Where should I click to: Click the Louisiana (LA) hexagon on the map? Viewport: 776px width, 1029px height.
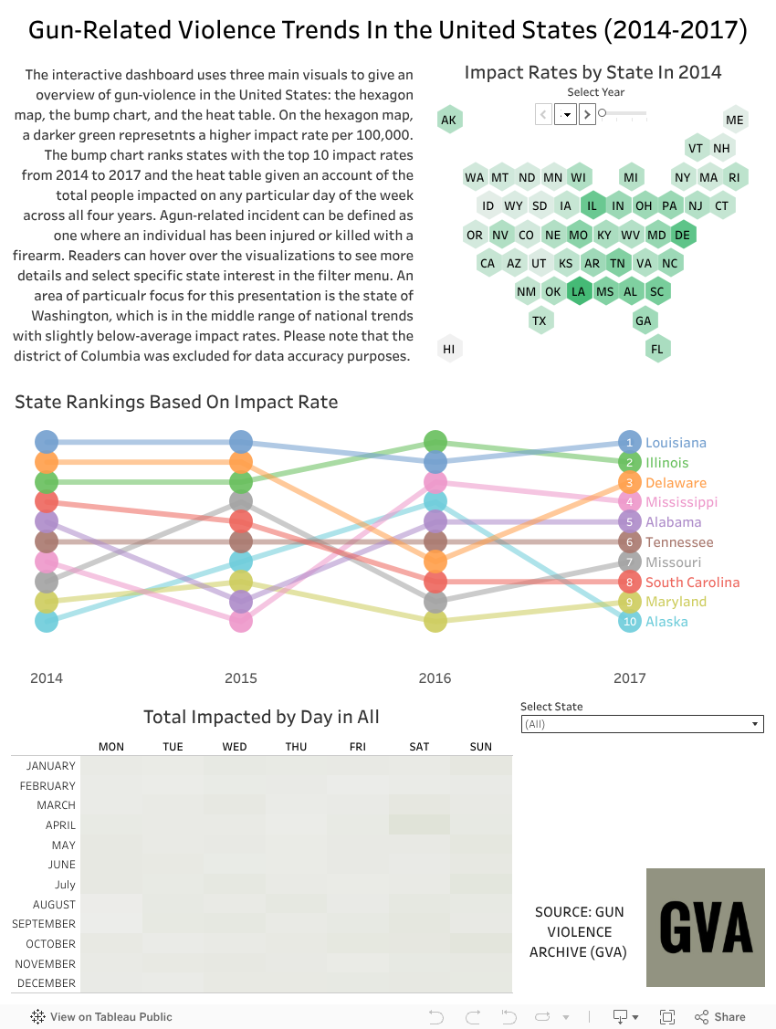578,292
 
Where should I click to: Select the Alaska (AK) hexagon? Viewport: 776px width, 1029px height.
448,120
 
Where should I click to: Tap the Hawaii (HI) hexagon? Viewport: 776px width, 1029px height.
448,349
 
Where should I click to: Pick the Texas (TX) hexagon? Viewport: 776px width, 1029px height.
540,320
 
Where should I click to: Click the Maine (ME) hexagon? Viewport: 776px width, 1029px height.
735,120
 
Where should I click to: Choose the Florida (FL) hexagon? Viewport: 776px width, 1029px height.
656,349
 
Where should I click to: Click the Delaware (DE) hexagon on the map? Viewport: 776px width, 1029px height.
682,235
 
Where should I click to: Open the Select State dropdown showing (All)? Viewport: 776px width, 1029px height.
642,724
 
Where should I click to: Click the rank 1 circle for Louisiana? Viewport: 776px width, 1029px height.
629,442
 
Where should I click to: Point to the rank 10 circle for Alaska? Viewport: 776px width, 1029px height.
629,622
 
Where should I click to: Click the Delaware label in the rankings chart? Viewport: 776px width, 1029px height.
676,483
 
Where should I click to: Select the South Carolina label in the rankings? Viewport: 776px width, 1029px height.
692,583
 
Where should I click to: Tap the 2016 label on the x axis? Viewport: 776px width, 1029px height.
435,678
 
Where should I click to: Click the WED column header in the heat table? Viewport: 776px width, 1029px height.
235,747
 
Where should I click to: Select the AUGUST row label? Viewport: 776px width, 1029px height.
54,905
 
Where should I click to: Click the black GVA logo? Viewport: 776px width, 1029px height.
705,927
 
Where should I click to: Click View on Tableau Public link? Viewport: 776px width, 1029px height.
101,1017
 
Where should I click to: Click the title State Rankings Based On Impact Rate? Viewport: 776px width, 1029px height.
176,402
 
